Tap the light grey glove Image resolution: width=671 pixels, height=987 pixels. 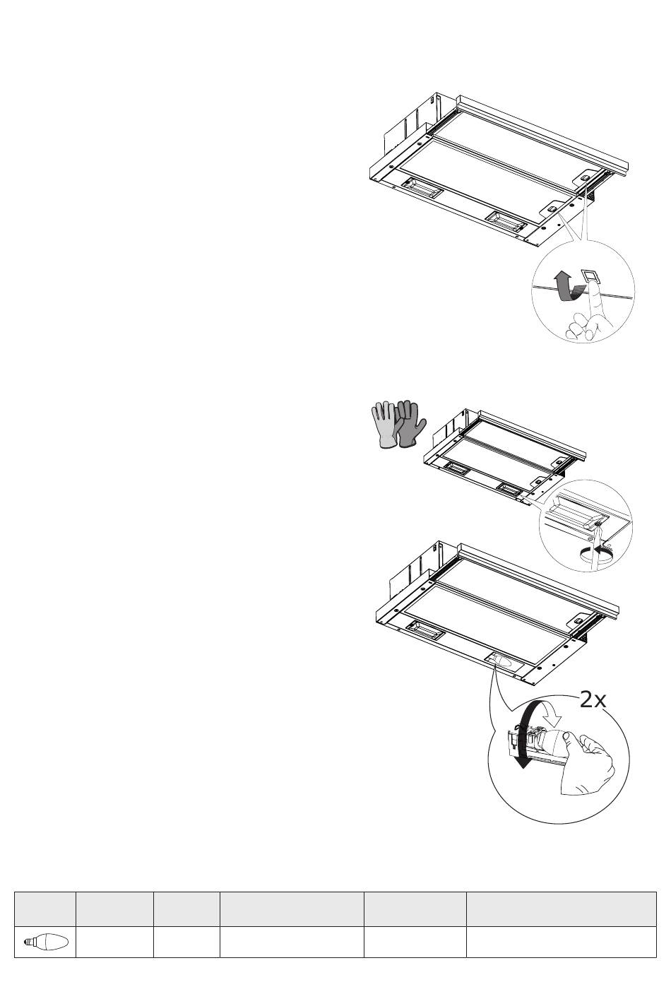point(384,424)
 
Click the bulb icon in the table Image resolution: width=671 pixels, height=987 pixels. point(46,941)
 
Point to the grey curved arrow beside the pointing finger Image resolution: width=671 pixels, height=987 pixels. point(566,287)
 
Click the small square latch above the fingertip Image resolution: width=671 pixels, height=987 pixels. point(589,276)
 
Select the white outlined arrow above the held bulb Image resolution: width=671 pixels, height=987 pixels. point(551,716)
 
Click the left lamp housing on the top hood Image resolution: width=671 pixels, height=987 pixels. point(420,187)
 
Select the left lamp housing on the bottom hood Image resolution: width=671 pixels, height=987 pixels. point(424,627)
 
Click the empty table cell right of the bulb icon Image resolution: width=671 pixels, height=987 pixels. point(114,941)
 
